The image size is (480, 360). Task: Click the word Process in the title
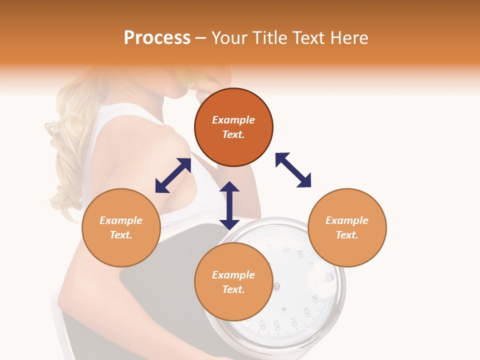tap(157, 38)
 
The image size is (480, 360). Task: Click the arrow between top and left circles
tap(173, 175)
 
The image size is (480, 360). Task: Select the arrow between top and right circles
tap(293, 170)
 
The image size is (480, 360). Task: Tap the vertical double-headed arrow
tap(229, 205)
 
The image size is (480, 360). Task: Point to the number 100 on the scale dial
tap(306, 314)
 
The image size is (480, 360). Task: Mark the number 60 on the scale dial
tap(300, 254)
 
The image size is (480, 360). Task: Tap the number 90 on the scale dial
tap(315, 299)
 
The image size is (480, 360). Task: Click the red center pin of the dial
tap(276, 286)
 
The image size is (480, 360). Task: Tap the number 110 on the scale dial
tap(293, 323)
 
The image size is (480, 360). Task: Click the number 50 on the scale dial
tap(286, 248)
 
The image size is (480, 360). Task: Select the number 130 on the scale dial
tap(261, 325)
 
